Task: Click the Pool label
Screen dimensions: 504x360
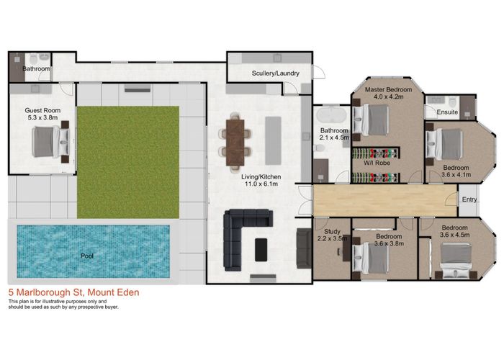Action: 87,256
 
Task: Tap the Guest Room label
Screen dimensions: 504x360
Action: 42,110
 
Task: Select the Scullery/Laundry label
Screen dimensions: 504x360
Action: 276,73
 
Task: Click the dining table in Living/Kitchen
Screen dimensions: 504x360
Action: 235,143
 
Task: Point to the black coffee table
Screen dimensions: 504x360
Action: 261,249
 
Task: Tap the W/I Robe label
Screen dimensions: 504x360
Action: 377,163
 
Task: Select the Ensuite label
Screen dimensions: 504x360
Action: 447,112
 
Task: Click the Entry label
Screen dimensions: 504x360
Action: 469,199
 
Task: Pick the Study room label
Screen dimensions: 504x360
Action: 332,231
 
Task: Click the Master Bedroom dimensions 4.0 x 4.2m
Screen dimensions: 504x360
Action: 388,96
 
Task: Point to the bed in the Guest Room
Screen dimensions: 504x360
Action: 51,142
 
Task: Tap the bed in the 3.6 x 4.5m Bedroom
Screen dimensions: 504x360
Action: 456,261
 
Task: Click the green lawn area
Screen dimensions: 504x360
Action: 128,162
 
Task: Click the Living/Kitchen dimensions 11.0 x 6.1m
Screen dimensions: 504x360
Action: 261,184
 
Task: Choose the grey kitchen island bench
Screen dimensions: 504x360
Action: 273,141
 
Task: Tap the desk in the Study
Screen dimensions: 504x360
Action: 346,248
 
